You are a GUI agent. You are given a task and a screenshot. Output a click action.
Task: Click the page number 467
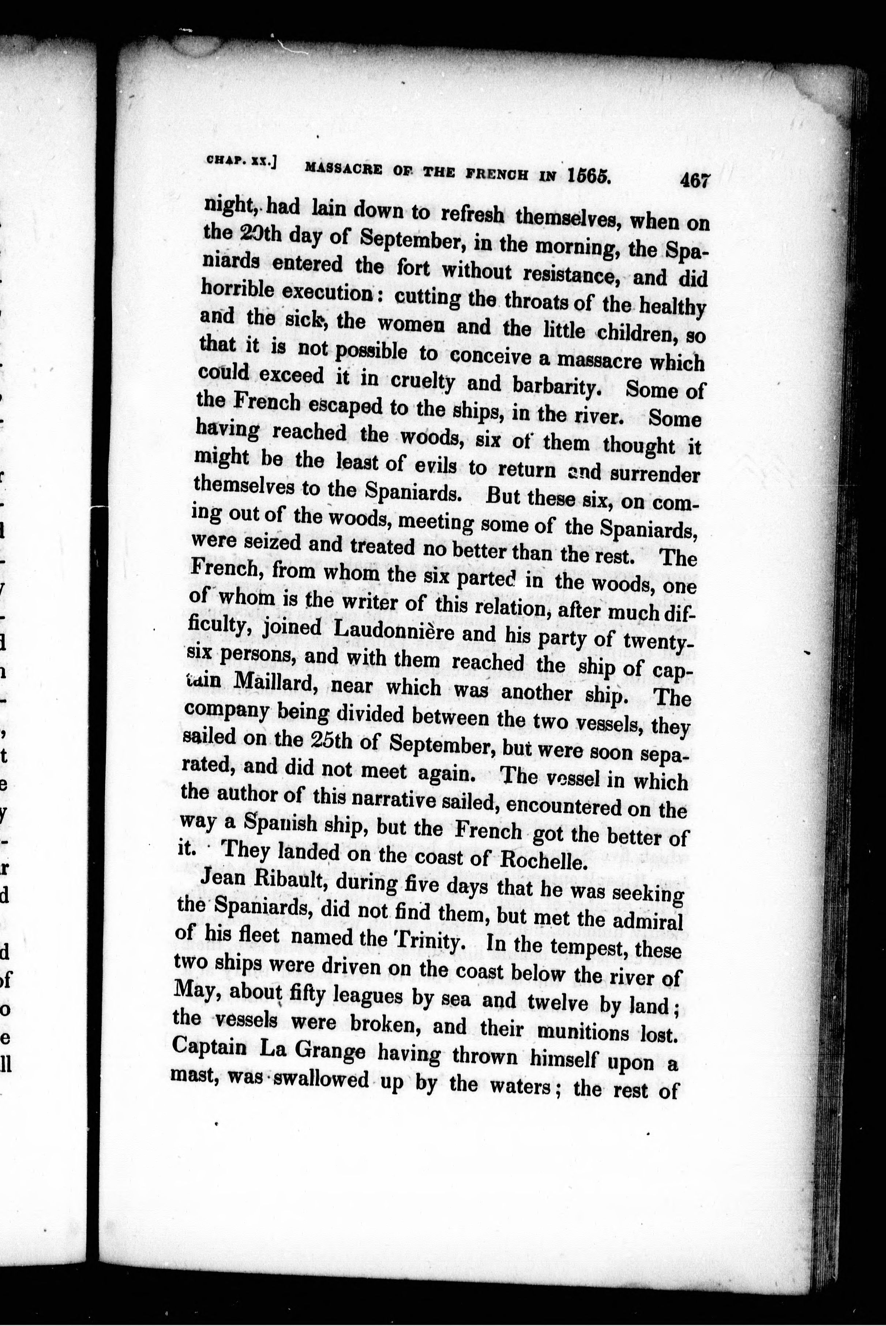(x=694, y=180)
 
